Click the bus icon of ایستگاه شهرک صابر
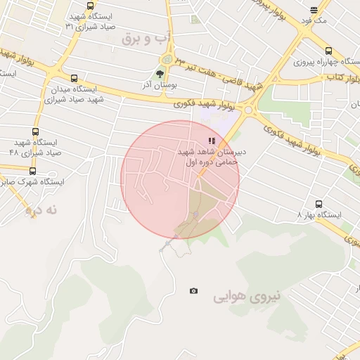point(32,171)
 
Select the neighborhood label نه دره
point(40,210)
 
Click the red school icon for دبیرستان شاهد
point(212,141)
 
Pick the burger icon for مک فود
point(314,10)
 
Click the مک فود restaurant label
point(314,21)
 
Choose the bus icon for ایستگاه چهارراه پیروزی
point(328,51)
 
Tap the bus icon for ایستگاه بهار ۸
point(319,204)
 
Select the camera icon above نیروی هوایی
point(193,290)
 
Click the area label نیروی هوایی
point(247,297)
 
